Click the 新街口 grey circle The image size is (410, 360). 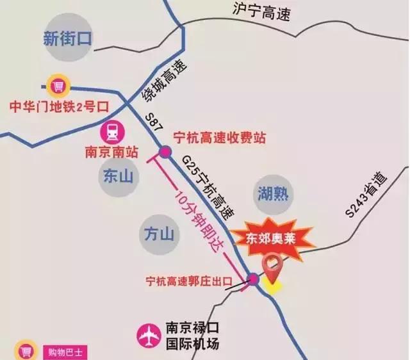67,38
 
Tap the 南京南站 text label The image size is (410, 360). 111,154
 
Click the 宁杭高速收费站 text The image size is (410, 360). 219,138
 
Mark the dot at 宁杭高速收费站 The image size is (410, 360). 165,152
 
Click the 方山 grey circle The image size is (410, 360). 158,234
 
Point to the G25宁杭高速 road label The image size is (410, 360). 206,183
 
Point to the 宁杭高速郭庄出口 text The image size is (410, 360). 188,281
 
